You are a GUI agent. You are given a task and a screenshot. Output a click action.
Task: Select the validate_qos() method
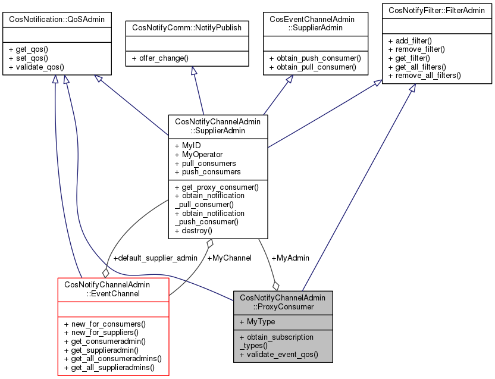coord(36,67)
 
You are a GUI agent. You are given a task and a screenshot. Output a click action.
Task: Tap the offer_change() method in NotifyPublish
coord(160,58)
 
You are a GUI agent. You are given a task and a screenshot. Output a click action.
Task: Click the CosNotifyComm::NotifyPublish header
coord(187,27)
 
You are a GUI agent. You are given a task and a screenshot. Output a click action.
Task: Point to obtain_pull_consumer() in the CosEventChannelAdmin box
coord(312,67)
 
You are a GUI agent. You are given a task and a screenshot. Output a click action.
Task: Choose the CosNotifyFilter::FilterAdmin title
coord(437,10)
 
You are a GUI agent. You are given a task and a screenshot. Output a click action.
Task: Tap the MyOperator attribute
coord(198,154)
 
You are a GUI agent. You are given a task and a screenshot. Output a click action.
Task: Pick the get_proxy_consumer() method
coord(216,187)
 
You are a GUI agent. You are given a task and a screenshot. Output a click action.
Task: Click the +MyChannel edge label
coord(229,258)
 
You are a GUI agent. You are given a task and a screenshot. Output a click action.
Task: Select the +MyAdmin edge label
coord(290,258)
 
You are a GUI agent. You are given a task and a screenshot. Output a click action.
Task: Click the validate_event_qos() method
coord(278,354)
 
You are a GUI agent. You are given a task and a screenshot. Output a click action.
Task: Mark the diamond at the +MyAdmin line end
coord(275,286)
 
